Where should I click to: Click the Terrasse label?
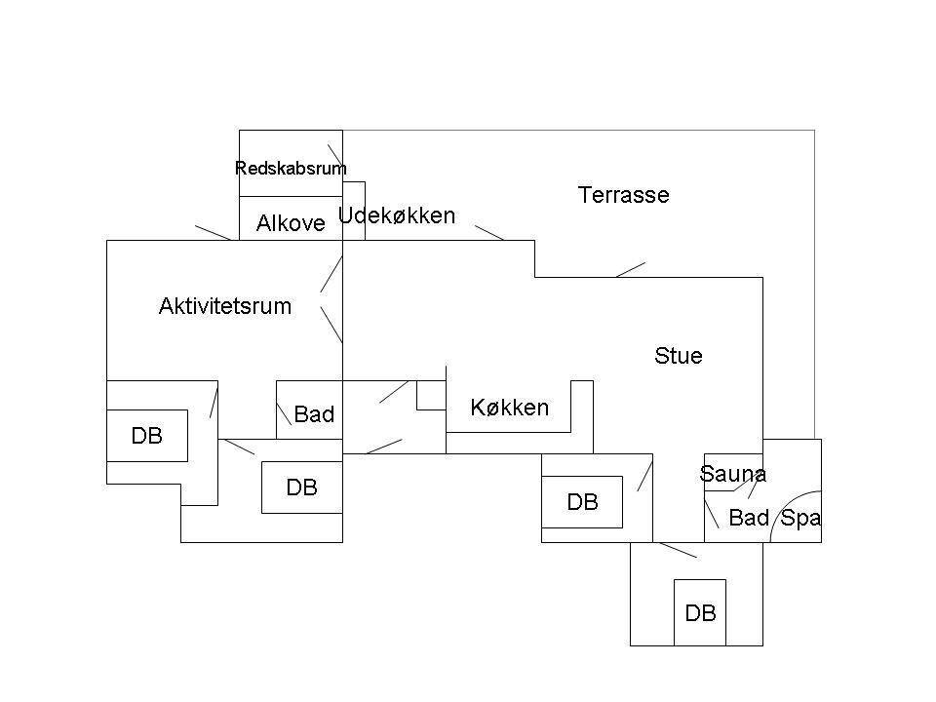point(623,195)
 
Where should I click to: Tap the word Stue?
point(679,356)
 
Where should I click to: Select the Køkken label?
point(509,408)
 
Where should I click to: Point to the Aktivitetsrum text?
point(225,306)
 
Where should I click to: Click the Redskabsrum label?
point(291,169)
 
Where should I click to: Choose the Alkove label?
point(291,223)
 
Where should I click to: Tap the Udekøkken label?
point(397,215)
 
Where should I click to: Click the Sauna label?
point(732,474)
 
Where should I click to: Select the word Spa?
point(800,518)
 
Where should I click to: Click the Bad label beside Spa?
point(749,518)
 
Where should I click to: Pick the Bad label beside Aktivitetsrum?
point(314,414)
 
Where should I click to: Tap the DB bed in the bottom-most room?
point(700,612)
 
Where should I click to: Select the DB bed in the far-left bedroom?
point(147,436)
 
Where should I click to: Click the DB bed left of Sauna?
point(582,502)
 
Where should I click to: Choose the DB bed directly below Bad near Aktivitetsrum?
point(302,487)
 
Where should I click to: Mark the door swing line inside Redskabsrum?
point(334,154)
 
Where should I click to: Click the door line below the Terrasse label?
point(631,270)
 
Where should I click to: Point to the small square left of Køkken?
point(431,395)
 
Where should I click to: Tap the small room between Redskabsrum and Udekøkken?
point(354,211)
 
